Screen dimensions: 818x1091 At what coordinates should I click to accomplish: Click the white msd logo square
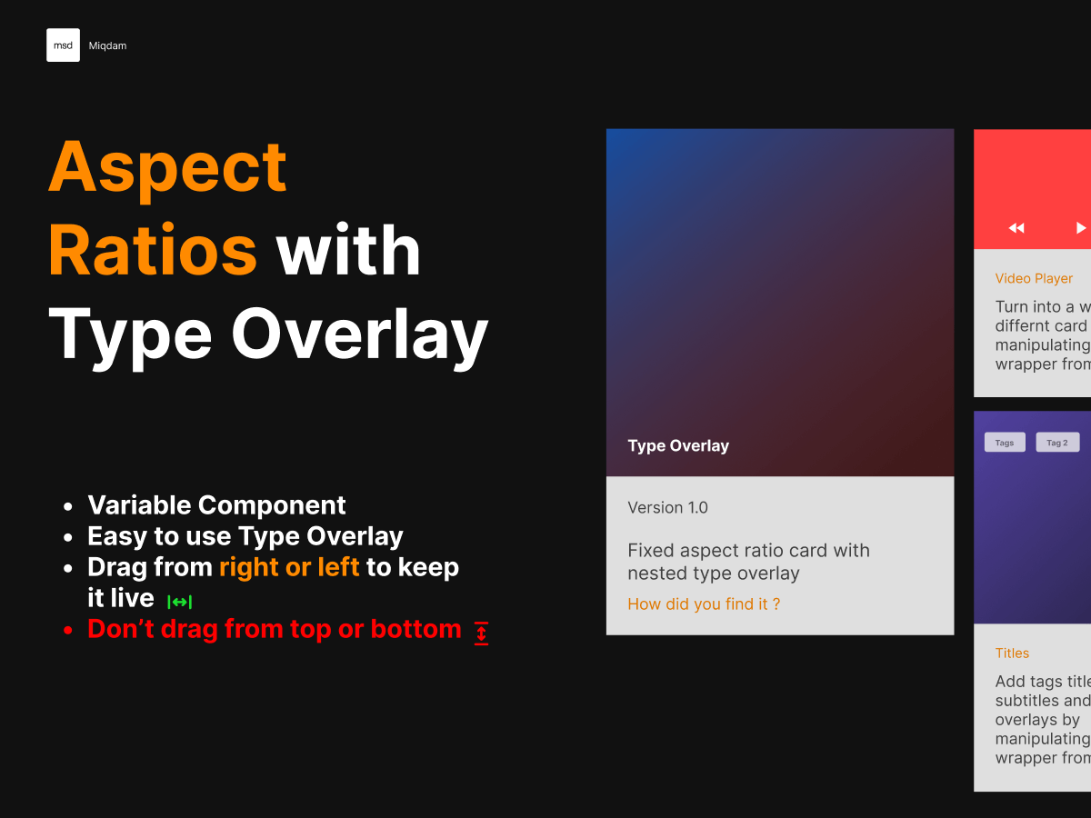coord(63,45)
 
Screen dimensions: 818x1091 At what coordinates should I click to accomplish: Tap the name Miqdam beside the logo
coord(107,45)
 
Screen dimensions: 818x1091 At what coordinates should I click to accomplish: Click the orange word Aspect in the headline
coord(168,167)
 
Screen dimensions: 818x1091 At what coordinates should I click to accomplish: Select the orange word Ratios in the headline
coord(153,251)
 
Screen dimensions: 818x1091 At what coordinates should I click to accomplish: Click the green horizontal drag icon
coord(179,602)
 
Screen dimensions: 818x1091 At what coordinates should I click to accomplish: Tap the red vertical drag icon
coord(481,633)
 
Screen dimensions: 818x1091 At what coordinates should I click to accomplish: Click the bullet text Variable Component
coord(216,505)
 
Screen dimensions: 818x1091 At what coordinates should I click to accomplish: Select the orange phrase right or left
coord(289,567)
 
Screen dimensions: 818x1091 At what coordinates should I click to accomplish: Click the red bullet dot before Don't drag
coord(68,630)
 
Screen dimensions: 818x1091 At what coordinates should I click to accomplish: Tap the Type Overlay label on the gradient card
coord(678,445)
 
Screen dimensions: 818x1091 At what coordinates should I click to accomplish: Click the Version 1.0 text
coord(667,507)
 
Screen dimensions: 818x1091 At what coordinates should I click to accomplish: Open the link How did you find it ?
coord(704,604)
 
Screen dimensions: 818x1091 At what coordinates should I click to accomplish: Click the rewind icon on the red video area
coord(1016,228)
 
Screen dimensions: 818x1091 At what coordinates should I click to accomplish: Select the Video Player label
coord(1034,278)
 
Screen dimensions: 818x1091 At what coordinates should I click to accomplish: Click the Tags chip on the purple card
coord(1005,443)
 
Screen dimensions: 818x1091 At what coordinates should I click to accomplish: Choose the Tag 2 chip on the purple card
coord(1057,443)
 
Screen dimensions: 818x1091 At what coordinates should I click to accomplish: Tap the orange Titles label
coord(1012,653)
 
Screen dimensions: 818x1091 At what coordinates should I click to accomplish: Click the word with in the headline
coord(349,251)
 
